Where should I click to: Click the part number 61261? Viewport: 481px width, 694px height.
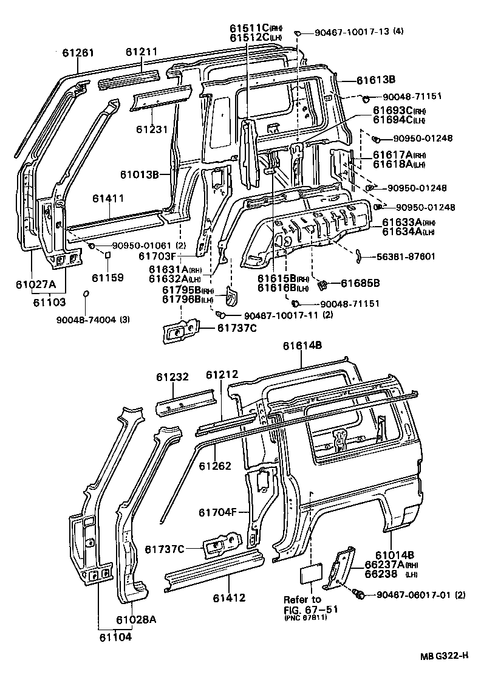click(x=78, y=53)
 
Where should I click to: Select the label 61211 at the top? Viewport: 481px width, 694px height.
click(x=143, y=53)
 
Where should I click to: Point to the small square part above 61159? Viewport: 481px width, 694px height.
click(x=107, y=256)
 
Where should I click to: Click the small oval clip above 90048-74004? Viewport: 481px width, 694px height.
click(x=87, y=294)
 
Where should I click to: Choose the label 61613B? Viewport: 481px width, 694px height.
click(x=376, y=79)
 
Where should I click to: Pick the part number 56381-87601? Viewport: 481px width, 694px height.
click(x=405, y=256)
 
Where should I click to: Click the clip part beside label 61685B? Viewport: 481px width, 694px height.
click(x=323, y=283)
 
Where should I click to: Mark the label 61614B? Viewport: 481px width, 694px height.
click(x=302, y=346)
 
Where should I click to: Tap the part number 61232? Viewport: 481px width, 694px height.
click(x=175, y=377)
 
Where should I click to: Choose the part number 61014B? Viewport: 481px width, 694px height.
click(x=394, y=554)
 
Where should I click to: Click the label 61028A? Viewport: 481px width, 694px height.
click(x=136, y=619)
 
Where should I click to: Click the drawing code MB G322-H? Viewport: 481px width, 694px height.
click(x=443, y=655)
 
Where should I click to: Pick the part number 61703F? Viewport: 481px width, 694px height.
click(x=159, y=256)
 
